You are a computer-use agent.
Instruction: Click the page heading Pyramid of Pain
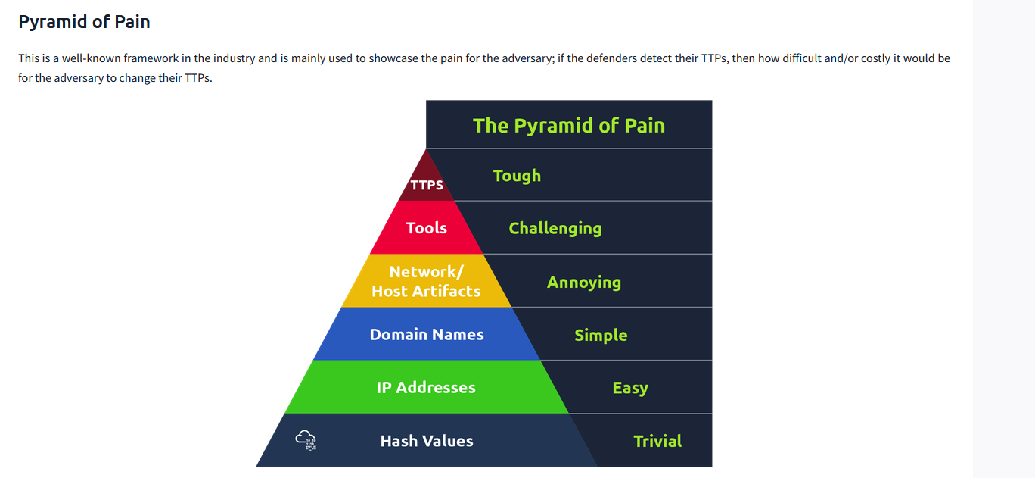tap(84, 22)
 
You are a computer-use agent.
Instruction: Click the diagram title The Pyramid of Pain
tap(569, 125)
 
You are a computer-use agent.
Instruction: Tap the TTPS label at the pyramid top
tap(427, 185)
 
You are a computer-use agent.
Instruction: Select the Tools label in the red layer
tap(427, 228)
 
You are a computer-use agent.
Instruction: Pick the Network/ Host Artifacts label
tap(426, 281)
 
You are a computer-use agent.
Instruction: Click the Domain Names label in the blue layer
tap(427, 335)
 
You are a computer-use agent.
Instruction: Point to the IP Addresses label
tap(426, 388)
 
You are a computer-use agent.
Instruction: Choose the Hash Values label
tap(427, 441)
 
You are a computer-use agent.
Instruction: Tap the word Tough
tap(517, 176)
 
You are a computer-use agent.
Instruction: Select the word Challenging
tap(555, 229)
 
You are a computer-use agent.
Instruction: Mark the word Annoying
tap(584, 283)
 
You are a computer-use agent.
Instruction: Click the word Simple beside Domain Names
tap(601, 335)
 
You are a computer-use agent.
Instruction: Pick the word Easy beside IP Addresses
tap(630, 388)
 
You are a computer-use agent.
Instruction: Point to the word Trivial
tap(657, 441)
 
